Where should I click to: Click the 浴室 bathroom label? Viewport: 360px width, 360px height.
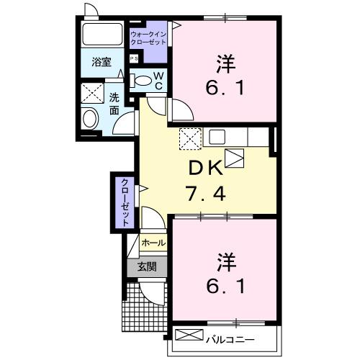point(101,63)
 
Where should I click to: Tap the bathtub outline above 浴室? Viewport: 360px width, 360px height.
point(102,34)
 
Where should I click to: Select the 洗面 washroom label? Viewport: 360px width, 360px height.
point(114,104)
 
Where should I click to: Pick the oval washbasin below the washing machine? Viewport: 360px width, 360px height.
point(91,118)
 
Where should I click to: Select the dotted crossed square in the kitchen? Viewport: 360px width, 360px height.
point(189,137)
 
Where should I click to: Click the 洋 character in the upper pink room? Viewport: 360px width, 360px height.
point(224,63)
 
